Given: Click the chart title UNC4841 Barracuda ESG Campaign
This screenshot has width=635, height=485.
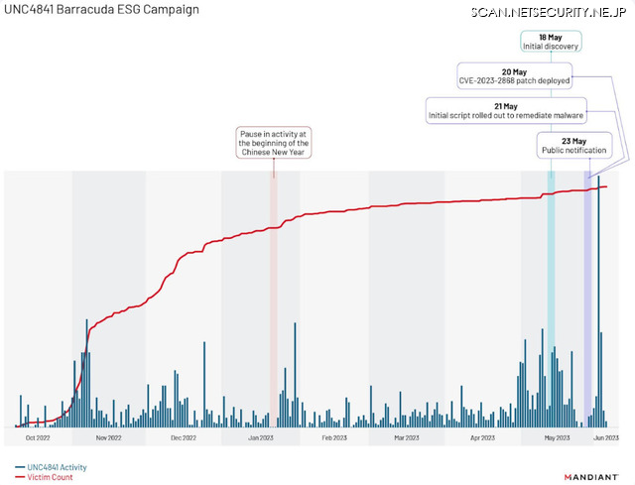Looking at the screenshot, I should pyautogui.click(x=101, y=10).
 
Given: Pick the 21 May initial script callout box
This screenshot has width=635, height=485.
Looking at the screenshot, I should pyautogui.click(x=506, y=111).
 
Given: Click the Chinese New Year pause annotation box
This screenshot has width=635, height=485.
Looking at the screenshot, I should pyautogui.click(x=274, y=143).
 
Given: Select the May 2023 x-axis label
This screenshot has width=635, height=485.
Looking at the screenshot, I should pyautogui.click(x=557, y=436).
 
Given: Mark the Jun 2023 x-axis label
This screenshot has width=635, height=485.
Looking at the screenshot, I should pyautogui.click(x=606, y=436).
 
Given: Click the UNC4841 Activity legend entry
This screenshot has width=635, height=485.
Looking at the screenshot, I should pyautogui.click(x=51, y=467).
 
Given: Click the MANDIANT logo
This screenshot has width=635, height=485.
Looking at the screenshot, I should pyautogui.click(x=589, y=476).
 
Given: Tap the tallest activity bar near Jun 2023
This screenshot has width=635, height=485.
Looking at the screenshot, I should pyautogui.click(x=598, y=298).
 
